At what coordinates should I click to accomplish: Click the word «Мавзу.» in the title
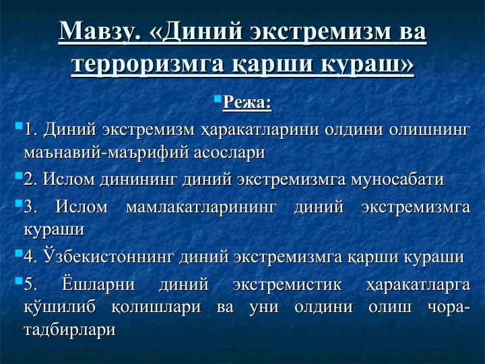click(x=100, y=33)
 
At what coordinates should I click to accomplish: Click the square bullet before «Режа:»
click(x=218, y=99)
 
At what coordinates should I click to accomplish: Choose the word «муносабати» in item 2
click(x=398, y=180)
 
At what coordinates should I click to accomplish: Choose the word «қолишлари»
click(x=158, y=307)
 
